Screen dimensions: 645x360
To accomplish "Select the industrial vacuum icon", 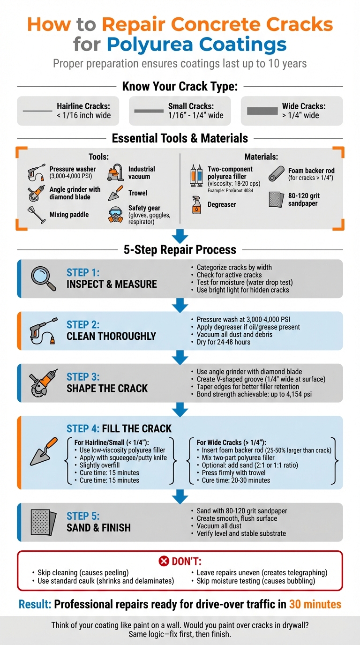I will (116, 172).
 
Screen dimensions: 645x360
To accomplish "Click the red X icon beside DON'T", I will (164, 561).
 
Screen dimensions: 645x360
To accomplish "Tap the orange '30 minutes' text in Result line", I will (315, 604).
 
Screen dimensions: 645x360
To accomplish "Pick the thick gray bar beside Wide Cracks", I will (262, 111).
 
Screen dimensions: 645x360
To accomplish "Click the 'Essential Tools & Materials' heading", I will (180, 138).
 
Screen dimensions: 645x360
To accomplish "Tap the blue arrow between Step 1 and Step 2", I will (180, 306).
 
